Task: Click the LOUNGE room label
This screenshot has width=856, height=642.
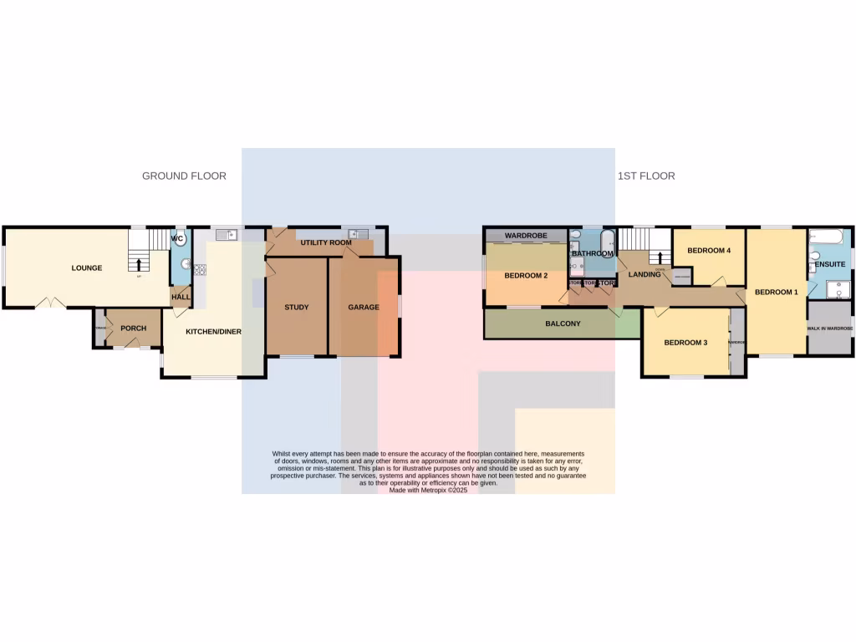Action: pyautogui.click(x=87, y=268)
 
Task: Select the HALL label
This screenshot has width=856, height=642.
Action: pyautogui.click(x=181, y=297)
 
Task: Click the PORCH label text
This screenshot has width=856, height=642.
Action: pyautogui.click(x=133, y=329)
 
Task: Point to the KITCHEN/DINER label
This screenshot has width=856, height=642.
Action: pyautogui.click(x=213, y=332)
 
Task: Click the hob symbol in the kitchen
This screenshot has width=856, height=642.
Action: pyautogui.click(x=200, y=269)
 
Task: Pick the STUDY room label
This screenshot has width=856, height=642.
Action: pyautogui.click(x=296, y=308)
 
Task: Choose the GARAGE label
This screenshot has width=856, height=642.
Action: pyautogui.click(x=364, y=308)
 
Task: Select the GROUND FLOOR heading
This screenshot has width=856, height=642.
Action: pyautogui.click(x=184, y=176)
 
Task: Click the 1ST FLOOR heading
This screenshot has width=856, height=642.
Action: pyautogui.click(x=646, y=176)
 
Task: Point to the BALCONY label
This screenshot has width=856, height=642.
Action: pyautogui.click(x=563, y=324)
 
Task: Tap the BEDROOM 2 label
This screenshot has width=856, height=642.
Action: pyautogui.click(x=526, y=276)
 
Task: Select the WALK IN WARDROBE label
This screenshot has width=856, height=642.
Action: pyautogui.click(x=829, y=329)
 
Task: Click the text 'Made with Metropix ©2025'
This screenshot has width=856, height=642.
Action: pyautogui.click(x=428, y=490)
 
